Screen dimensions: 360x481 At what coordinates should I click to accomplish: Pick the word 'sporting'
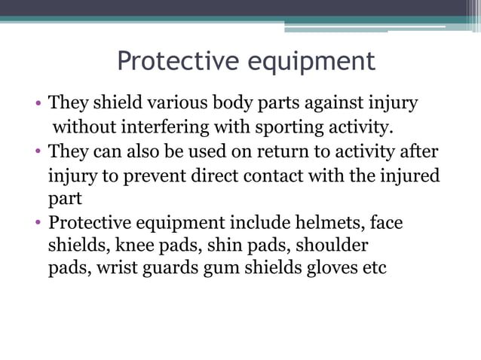click(x=291, y=127)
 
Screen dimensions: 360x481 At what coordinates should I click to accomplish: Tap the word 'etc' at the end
click(x=375, y=268)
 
